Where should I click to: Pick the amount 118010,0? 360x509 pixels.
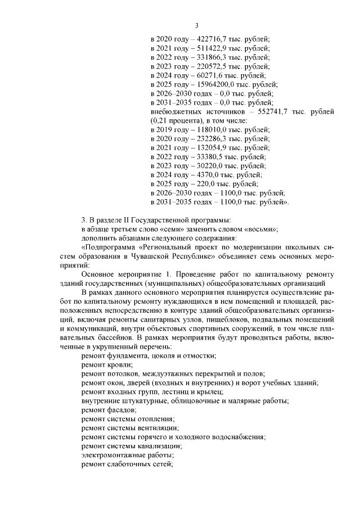(209, 129)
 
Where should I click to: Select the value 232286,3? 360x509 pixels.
(209, 138)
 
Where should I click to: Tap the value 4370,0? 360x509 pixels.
(205, 174)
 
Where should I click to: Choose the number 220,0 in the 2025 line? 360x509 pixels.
(202, 183)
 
